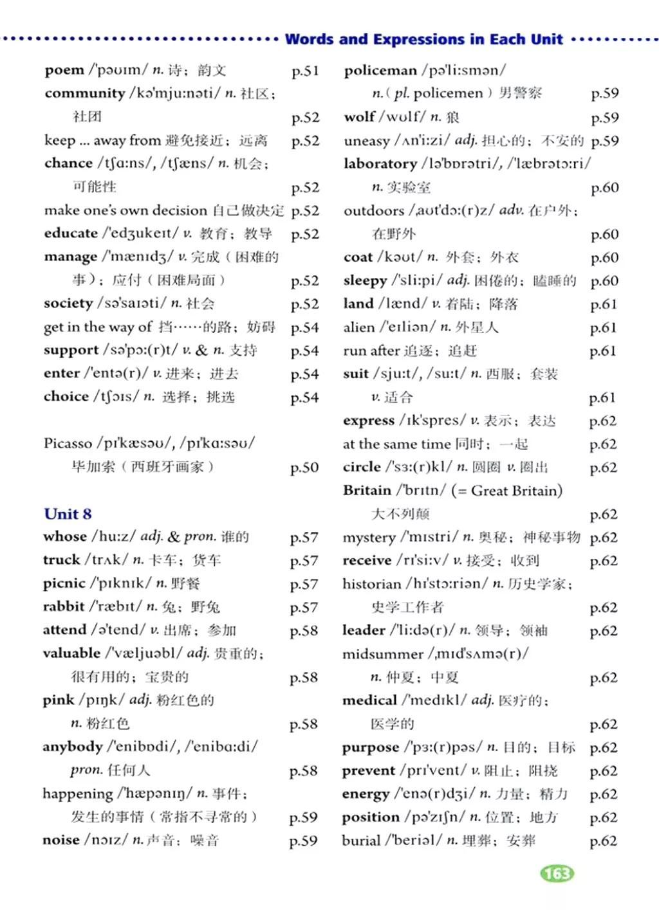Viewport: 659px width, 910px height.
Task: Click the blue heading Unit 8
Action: tap(68, 514)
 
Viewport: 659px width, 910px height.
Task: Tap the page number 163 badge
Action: tap(557, 873)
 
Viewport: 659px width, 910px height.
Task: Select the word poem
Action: tap(64, 70)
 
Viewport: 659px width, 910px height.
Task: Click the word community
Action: tap(85, 93)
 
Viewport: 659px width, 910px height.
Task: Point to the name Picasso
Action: tap(68, 444)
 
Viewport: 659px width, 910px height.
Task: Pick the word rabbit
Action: tap(64, 606)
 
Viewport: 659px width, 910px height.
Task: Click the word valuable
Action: tap(71, 653)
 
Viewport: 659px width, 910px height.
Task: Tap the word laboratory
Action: tap(380, 164)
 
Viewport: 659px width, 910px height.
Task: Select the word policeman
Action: tap(380, 70)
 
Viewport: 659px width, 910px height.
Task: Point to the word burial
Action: tap(361, 841)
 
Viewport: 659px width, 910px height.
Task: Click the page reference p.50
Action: tap(304, 468)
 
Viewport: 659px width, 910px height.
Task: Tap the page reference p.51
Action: tap(305, 71)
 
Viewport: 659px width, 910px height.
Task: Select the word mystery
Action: tap(369, 538)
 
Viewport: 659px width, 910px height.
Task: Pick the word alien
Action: tap(358, 327)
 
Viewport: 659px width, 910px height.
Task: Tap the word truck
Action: tap(61, 560)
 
